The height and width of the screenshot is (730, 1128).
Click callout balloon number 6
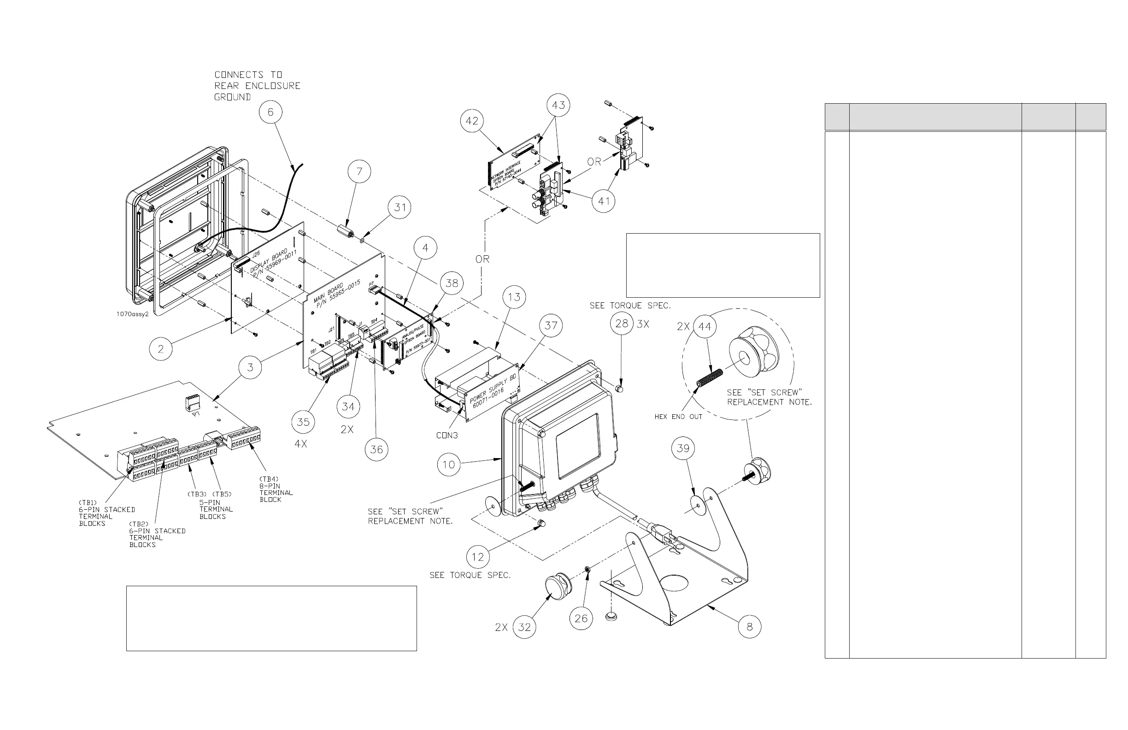[x=270, y=112]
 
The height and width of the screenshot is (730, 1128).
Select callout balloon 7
[x=359, y=171]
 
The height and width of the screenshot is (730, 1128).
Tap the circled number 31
[x=400, y=208]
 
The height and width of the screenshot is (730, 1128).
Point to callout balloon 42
[x=472, y=121]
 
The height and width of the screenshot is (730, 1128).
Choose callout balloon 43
[x=558, y=105]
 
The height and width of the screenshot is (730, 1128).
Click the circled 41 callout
[x=604, y=201]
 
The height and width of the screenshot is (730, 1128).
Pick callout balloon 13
[x=514, y=297]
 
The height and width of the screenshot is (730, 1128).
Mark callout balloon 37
[x=551, y=326]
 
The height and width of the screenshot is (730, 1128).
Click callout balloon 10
[x=449, y=465]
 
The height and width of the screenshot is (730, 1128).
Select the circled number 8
[x=749, y=627]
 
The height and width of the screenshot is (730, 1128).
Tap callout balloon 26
[x=581, y=618]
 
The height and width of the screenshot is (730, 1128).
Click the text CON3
[x=447, y=436]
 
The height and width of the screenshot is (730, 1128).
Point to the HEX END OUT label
[x=678, y=417]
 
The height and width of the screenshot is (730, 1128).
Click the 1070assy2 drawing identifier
[x=132, y=314]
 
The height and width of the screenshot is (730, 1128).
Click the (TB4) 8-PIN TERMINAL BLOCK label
[x=276, y=489]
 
